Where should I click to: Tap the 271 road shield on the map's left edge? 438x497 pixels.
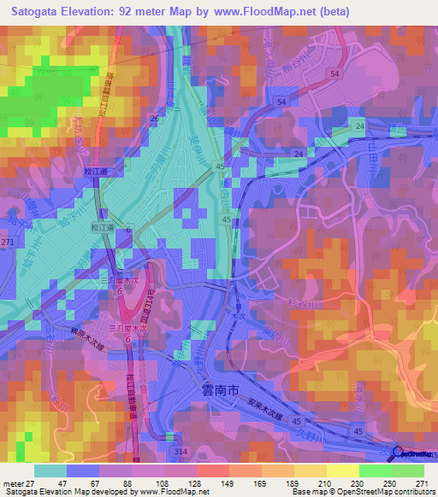8,243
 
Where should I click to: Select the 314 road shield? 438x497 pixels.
179,449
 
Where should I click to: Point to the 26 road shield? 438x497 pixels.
154,118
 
